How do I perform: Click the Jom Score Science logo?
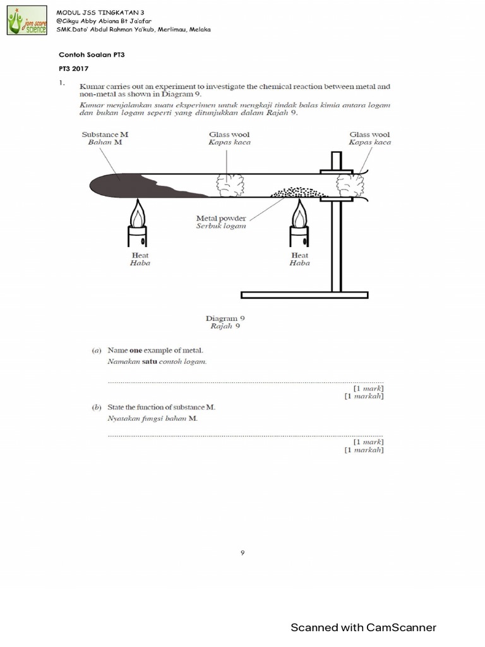[x=27, y=20]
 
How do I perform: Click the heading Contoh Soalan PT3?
[x=88, y=55]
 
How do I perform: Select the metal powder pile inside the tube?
[x=297, y=191]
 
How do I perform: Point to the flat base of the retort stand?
[x=304, y=295]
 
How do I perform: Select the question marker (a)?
[x=97, y=350]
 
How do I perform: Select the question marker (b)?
[x=97, y=408]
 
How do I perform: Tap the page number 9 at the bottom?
[x=242, y=553]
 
